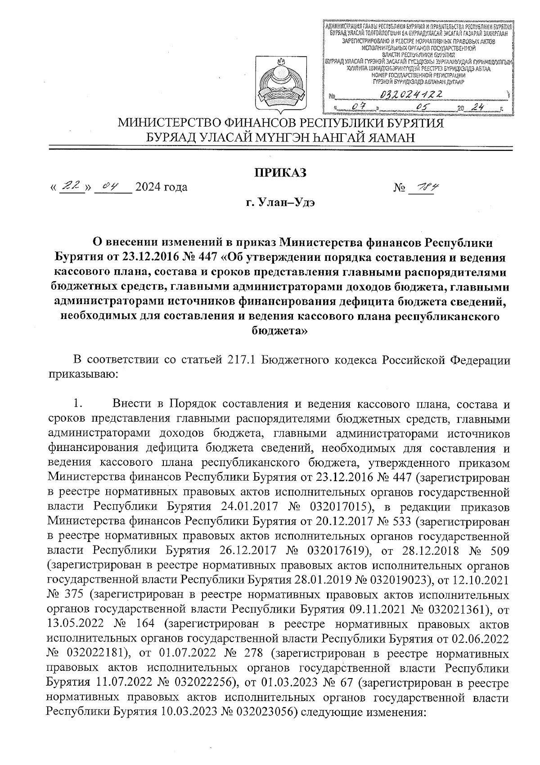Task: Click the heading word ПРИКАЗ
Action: tap(281, 172)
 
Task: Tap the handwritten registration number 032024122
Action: tap(410, 95)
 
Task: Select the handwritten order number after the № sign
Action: tap(423, 187)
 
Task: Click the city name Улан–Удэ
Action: tap(291, 202)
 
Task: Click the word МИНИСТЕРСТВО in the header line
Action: tap(176, 123)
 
